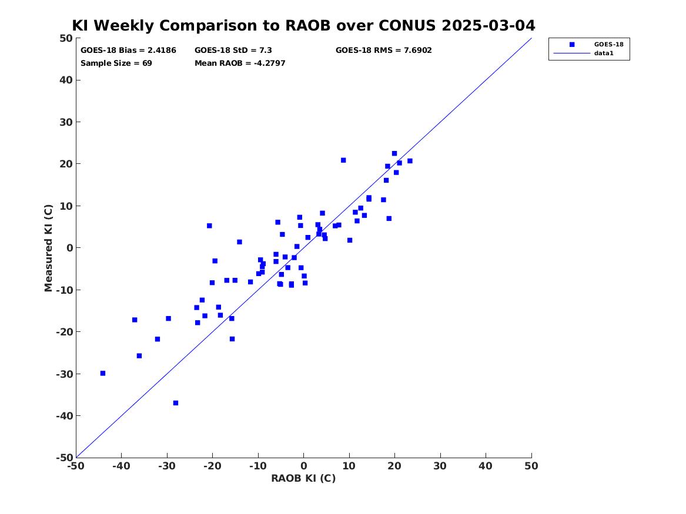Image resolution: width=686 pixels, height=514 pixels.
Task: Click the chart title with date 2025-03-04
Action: (x=304, y=25)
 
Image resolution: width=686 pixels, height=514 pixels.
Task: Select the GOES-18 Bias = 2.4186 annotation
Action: (x=128, y=51)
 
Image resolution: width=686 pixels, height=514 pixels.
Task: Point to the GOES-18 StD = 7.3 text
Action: (x=233, y=51)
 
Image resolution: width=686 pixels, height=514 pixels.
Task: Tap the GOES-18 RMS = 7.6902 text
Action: (x=384, y=51)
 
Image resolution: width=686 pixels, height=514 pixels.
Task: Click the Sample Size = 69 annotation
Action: (x=116, y=63)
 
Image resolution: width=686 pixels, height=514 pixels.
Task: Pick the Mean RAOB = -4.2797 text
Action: (x=240, y=63)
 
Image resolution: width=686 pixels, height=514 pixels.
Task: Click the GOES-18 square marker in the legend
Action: (x=572, y=44)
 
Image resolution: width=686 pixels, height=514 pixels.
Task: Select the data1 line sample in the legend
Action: (x=572, y=53)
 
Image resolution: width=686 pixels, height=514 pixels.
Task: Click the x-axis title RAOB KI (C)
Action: (x=304, y=478)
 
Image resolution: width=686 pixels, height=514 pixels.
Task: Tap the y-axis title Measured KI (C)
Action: (x=48, y=248)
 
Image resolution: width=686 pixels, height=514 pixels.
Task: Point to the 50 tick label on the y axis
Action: (x=66, y=38)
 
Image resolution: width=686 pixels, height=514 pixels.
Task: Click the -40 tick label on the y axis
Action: (x=64, y=416)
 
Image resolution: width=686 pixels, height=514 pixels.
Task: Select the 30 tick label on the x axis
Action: (x=440, y=466)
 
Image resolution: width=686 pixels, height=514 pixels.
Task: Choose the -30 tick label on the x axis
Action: (x=167, y=466)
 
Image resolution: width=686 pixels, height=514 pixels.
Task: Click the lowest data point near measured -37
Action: (x=175, y=403)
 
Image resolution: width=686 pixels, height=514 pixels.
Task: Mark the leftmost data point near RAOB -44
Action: (x=103, y=373)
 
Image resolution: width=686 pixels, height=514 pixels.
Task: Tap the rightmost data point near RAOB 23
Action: (x=410, y=161)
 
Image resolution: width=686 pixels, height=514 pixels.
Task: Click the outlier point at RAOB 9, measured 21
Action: (x=343, y=160)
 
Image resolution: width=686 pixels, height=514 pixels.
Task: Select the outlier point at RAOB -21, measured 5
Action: (x=210, y=226)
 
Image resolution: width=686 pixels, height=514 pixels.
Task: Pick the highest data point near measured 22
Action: (x=394, y=153)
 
